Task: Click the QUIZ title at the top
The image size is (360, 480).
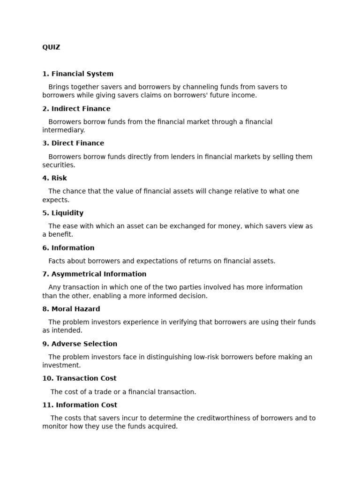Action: coord(51,47)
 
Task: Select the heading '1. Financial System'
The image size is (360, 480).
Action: coord(78,74)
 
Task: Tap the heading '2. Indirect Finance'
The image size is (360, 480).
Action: coord(76,109)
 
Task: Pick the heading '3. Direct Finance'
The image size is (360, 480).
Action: coord(73,143)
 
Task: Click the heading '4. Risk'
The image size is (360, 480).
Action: coord(54,178)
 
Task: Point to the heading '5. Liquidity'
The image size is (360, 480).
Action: coord(63,213)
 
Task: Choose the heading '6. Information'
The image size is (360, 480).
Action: coord(68,248)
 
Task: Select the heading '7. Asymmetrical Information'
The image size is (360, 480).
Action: coord(94,274)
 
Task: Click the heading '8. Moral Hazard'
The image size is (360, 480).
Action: coord(71,309)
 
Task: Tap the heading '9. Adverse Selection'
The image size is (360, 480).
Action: coord(80,344)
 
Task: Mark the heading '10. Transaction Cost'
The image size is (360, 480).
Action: coord(79,378)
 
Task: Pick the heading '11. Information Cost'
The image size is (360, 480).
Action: coord(80,405)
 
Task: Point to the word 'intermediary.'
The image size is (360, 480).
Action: coord(64,130)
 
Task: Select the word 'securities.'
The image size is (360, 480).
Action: coord(59,165)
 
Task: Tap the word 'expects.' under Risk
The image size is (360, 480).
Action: coord(56,200)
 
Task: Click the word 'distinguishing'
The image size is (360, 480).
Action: coord(169,357)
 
